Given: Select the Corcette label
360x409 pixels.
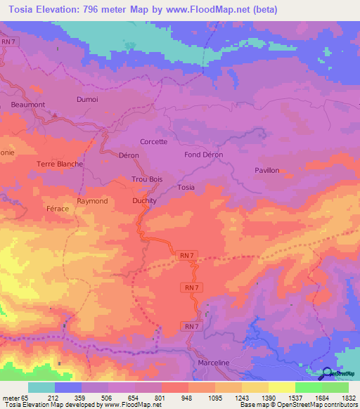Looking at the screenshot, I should click(x=154, y=141).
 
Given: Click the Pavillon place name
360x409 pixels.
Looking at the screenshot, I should click(x=266, y=170).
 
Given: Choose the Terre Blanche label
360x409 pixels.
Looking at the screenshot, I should click(x=60, y=164).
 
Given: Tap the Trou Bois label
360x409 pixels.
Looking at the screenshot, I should click(x=147, y=179).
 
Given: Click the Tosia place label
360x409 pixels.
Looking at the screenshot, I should click(x=186, y=187).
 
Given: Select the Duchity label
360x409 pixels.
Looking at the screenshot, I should click(x=145, y=201).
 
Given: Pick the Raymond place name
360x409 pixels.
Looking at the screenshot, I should click(x=92, y=201).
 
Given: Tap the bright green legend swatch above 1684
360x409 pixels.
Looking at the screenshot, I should click(x=309, y=387).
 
